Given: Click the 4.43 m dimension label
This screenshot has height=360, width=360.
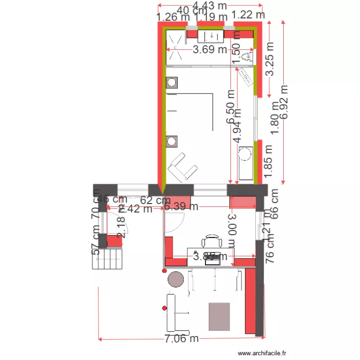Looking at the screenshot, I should tap(209, 6).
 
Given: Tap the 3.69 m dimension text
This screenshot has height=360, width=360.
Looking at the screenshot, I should tap(210, 49).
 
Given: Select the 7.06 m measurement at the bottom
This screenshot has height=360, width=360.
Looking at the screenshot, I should tap(181, 339).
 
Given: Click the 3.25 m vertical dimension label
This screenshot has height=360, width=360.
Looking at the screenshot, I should tap(270, 60).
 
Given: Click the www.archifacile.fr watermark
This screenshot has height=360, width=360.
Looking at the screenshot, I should tap(262, 353).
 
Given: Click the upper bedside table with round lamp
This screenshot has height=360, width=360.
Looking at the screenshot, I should tap(171, 83).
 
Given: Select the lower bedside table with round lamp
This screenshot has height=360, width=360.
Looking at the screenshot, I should tap(171, 141).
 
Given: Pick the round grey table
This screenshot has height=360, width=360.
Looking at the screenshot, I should tap(176, 278).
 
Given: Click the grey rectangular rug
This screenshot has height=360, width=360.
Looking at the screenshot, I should tap(219, 316).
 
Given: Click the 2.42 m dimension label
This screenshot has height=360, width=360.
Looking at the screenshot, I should tap(135, 209).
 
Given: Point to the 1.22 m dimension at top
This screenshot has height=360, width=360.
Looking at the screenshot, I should tap(248, 15).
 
